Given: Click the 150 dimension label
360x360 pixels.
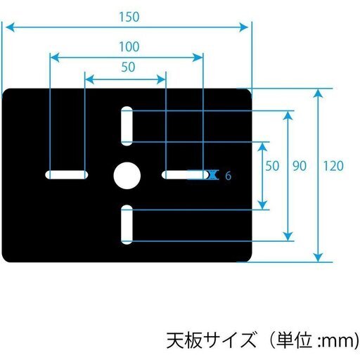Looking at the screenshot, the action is [129, 17].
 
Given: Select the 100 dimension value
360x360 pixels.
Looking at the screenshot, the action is [129, 46].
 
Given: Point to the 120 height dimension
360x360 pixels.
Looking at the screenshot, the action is [333, 166].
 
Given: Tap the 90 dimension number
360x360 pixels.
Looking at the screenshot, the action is [300, 166].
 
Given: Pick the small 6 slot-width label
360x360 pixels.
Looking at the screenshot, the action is [228, 176].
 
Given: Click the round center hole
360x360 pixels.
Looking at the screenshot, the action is [127, 176].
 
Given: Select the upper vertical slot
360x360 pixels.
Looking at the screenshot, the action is [127, 126].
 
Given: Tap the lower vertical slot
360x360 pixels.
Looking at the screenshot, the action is [127, 224].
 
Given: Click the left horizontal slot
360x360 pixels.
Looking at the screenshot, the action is [67, 174].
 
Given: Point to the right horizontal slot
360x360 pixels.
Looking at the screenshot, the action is [186, 174].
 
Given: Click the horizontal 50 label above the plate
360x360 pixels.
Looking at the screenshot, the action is [128, 67].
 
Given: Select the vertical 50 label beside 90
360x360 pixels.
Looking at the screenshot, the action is [272, 166].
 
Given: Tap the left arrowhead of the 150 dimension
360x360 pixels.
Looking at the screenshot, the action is [9, 27].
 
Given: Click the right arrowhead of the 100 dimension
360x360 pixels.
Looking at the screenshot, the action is [198, 58].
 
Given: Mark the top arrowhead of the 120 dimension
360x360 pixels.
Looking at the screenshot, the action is [318, 93].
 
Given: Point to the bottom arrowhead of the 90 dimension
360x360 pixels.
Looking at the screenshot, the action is [288, 236].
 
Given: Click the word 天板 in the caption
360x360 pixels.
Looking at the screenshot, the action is [184, 340].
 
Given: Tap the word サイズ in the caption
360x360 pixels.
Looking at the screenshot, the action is [230, 340].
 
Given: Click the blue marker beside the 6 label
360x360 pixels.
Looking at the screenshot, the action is [213, 175].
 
